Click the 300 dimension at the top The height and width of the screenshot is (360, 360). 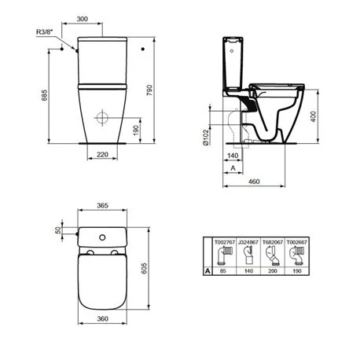104,18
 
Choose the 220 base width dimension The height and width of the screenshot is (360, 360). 103,154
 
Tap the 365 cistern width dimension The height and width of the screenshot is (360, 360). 103,204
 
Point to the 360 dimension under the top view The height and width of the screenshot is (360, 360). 103,342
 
